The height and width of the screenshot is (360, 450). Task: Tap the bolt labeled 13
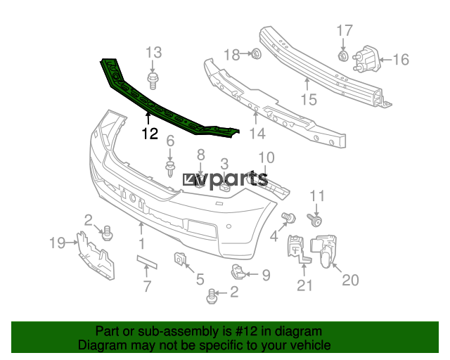(153, 81)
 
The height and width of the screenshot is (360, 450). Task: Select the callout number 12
(150, 134)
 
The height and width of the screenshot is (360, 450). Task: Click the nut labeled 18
(256, 53)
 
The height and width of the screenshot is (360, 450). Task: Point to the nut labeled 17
(343, 56)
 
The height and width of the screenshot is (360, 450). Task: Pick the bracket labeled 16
(368, 60)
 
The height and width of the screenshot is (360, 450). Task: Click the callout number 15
(309, 100)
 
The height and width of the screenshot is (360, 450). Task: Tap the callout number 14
(257, 134)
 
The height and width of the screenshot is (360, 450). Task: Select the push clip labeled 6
(170, 169)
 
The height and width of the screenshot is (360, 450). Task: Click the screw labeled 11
(314, 219)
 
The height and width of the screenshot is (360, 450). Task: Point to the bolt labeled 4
(288, 217)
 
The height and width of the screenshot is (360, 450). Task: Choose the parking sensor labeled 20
(323, 251)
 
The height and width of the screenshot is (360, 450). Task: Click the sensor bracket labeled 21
(298, 249)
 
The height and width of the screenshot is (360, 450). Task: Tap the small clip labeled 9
(238, 272)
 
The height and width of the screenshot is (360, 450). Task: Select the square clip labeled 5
(180, 258)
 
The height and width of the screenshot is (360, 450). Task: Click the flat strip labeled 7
(147, 262)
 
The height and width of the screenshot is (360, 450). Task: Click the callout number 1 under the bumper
(142, 244)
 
